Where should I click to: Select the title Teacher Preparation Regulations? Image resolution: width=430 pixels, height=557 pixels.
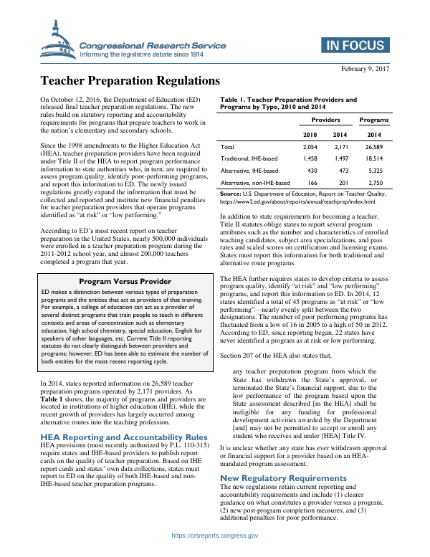[x=130, y=82]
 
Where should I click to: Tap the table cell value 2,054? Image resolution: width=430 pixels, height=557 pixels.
[x=310, y=146]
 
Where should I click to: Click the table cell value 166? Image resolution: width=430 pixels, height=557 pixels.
[x=310, y=184]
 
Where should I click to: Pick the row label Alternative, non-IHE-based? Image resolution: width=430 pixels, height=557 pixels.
[x=257, y=184]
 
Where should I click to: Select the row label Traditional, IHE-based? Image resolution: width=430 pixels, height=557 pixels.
[x=250, y=159]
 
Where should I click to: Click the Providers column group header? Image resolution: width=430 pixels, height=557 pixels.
[x=326, y=120]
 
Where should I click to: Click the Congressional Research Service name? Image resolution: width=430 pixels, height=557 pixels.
[x=153, y=45]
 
